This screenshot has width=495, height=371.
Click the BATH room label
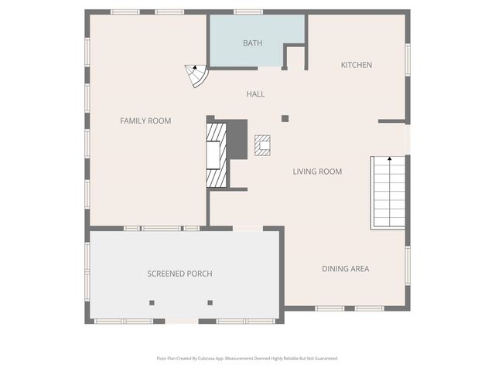pyautogui.click(x=252, y=43)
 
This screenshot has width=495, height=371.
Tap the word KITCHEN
pyautogui.click(x=357, y=65)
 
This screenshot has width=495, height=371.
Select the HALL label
pyautogui.click(x=255, y=94)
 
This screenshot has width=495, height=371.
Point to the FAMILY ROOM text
pyautogui.click(x=145, y=121)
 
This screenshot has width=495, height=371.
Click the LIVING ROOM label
pyautogui.click(x=317, y=172)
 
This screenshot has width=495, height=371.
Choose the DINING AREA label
pyautogui.click(x=346, y=269)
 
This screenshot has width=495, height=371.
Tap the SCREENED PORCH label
pyautogui.click(x=179, y=274)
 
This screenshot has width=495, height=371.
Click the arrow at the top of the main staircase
pyautogui.click(x=390, y=158)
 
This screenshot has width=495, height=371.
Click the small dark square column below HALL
pyautogui.click(x=285, y=118)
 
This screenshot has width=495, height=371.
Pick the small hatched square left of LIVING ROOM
pyautogui.click(x=263, y=145)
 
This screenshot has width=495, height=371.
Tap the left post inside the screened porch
pyautogui.click(x=152, y=302)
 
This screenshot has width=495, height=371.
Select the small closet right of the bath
pyautogui.click(x=295, y=58)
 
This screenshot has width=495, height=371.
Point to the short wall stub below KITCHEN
pyautogui.click(x=391, y=121)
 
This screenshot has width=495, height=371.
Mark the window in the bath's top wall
pyautogui.click(x=248, y=12)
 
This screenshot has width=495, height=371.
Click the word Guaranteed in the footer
pyautogui.click(x=325, y=359)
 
